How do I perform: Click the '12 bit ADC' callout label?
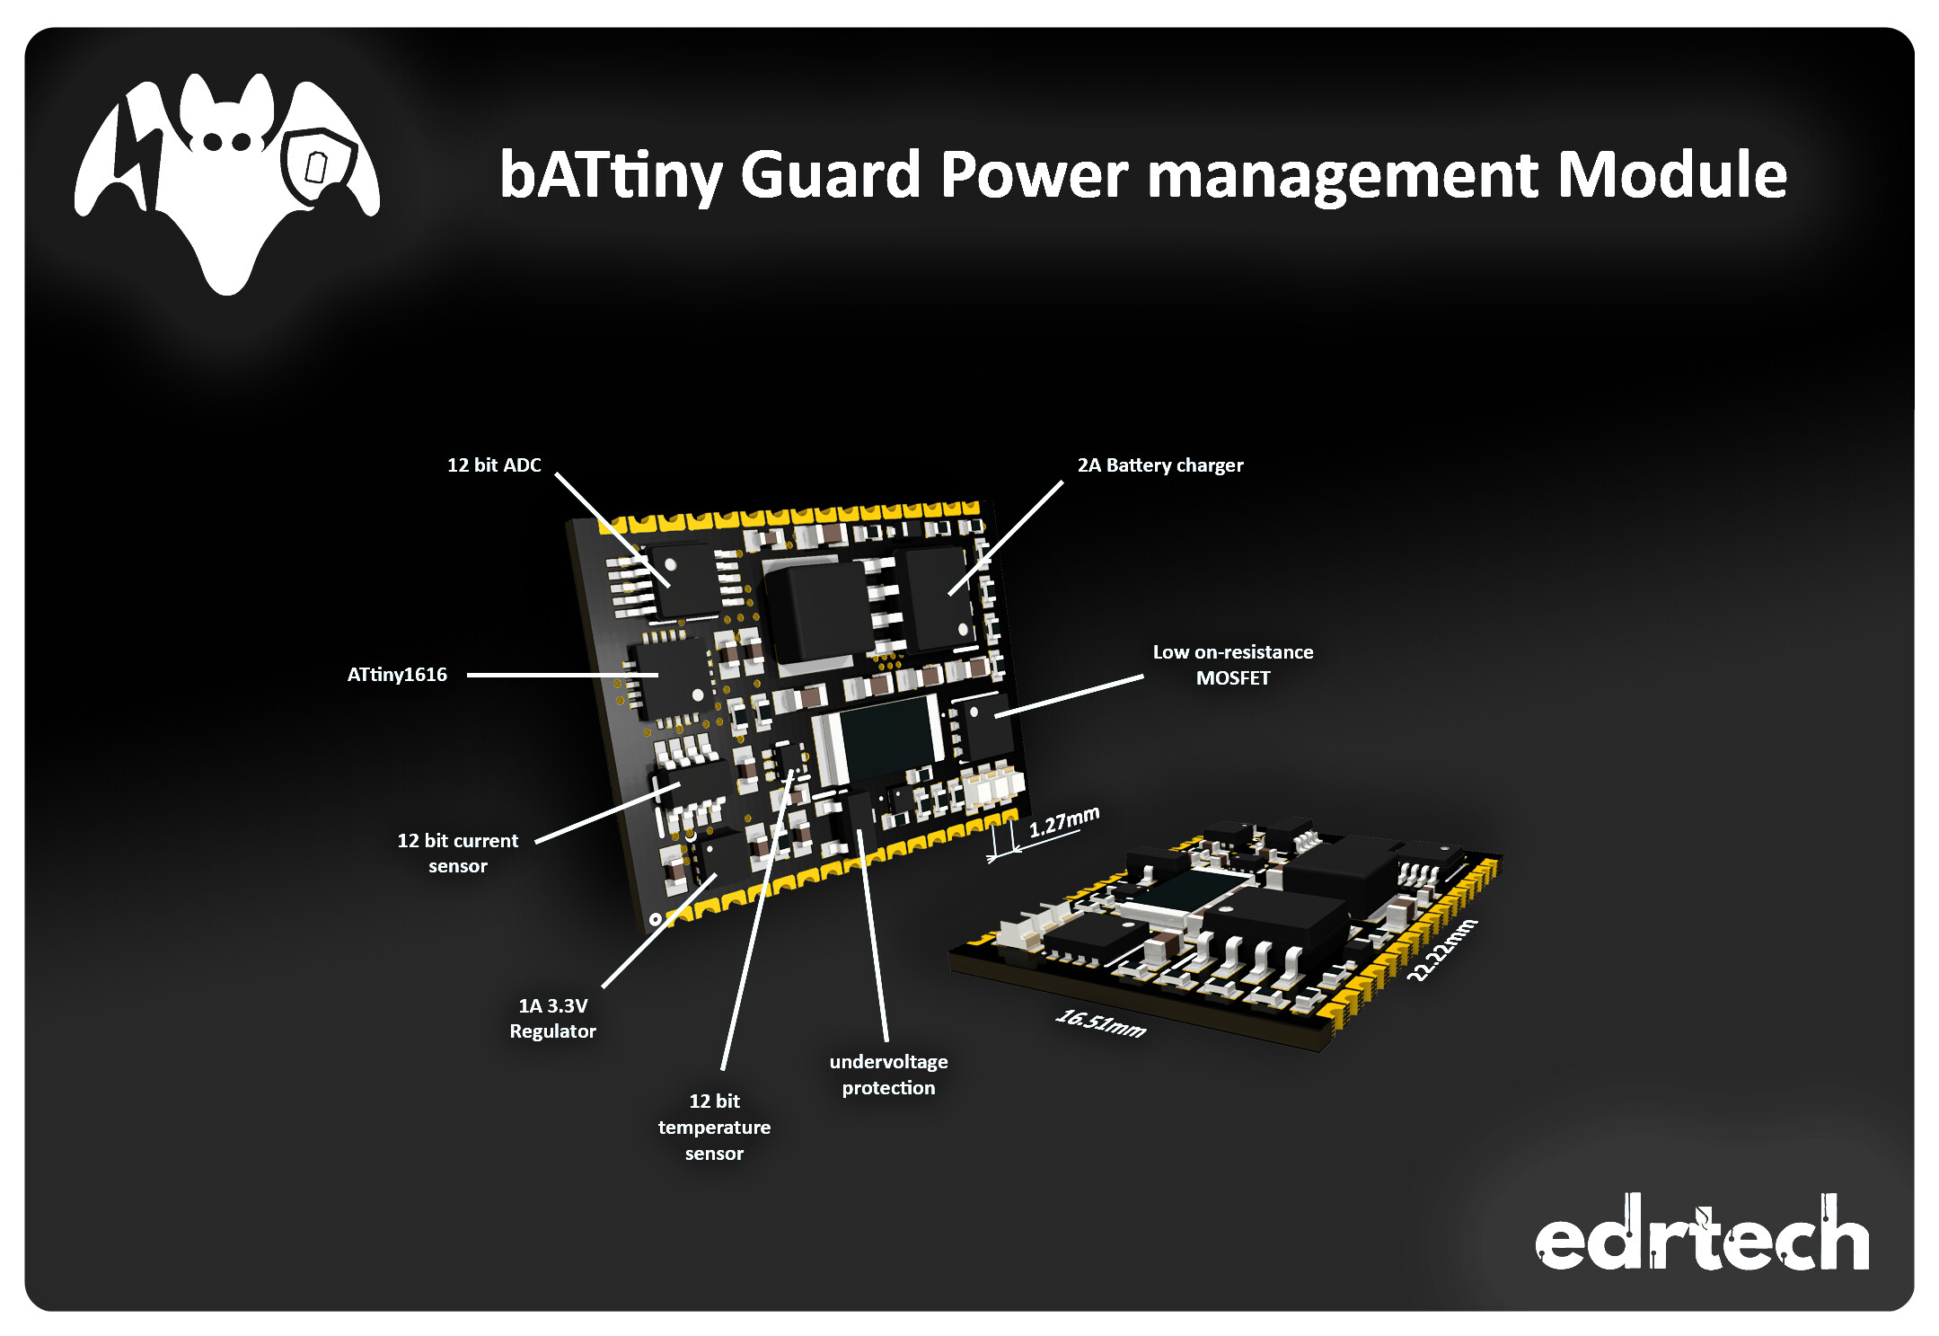(494, 465)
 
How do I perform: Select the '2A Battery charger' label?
(1159, 465)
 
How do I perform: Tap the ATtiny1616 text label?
(397, 675)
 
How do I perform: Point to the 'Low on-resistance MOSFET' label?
(1232, 665)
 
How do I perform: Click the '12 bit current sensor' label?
(458, 854)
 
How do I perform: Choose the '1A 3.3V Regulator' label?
(552, 1019)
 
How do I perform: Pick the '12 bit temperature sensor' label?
(714, 1128)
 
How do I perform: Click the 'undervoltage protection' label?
(888, 1075)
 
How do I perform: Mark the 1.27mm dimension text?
(1063, 821)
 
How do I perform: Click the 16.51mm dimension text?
(1100, 1022)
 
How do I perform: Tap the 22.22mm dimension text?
(1441, 950)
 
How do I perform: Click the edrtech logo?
(1701, 1235)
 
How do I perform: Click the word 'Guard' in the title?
(830, 174)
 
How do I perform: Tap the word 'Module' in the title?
(1671, 174)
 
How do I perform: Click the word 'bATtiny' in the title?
(611, 176)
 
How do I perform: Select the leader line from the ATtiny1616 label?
(561, 675)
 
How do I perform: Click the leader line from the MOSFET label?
(1069, 696)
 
